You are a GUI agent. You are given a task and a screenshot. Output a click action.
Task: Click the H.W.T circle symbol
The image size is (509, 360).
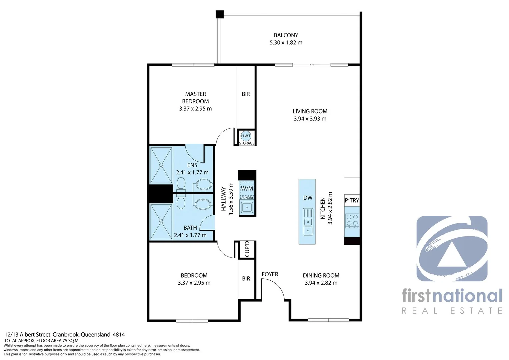click(246, 136)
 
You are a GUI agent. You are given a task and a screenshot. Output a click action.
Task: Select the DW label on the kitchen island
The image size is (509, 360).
click(308, 198)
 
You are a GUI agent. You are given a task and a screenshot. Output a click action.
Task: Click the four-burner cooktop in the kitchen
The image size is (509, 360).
click(352, 220)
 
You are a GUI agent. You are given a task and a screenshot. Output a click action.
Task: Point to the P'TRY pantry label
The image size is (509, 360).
click(352, 200)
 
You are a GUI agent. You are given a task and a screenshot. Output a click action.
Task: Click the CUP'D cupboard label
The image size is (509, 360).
click(247, 249)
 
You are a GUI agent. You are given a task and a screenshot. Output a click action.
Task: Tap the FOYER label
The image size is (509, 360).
click(270, 274)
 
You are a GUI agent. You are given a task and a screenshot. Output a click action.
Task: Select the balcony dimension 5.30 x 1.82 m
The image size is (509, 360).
click(286, 43)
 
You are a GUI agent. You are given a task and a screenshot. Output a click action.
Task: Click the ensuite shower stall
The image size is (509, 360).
click(161, 165)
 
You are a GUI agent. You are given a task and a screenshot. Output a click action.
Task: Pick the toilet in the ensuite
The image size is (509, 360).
click(181, 184)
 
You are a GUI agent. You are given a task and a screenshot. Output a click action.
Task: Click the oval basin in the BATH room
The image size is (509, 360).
click(203, 204)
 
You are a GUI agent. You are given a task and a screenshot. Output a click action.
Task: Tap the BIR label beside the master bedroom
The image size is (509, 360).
click(246, 94)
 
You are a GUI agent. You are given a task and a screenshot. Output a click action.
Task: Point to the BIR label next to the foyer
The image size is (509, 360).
click(246, 278)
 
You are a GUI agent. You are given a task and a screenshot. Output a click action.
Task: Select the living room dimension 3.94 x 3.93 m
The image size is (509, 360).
click(310, 119)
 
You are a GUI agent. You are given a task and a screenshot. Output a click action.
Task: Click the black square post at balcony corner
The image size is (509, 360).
click(219, 14)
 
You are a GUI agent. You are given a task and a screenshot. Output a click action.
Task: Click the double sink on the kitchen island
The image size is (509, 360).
click(308, 226)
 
